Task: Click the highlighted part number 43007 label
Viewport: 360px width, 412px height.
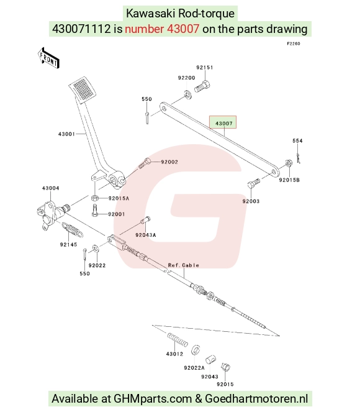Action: (x=224, y=123)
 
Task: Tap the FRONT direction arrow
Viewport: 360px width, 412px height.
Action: (x=48, y=58)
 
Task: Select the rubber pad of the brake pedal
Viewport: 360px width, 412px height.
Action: (x=82, y=88)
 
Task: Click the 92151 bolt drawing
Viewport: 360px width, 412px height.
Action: (x=202, y=86)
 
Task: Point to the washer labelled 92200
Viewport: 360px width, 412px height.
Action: (x=187, y=94)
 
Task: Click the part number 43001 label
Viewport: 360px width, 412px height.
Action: (x=66, y=134)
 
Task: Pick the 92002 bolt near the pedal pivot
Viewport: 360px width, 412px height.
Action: (x=144, y=163)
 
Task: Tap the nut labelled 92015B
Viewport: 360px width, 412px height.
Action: (x=288, y=163)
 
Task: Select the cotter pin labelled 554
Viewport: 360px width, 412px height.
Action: (x=298, y=158)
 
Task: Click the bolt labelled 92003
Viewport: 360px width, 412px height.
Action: (x=254, y=183)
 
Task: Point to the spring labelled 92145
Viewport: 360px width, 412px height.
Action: (x=73, y=230)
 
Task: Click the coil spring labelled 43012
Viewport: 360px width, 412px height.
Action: (x=178, y=340)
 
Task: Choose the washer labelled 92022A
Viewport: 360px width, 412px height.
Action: (x=195, y=350)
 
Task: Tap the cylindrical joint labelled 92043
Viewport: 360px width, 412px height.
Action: (x=210, y=359)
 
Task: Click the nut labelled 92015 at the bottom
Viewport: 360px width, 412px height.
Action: (x=226, y=367)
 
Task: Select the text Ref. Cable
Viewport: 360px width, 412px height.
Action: (x=184, y=265)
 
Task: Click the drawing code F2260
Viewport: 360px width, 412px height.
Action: (x=294, y=43)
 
